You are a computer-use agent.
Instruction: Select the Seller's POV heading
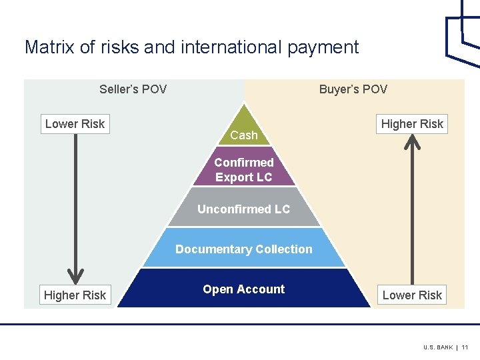point(133,89)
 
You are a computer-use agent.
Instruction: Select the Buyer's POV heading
point(353,89)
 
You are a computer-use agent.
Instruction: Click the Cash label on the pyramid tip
point(244,135)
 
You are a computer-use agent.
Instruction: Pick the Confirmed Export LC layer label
point(244,170)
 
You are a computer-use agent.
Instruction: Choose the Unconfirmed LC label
point(244,209)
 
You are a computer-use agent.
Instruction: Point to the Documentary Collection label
point(244,249)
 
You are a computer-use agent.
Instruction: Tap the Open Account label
point(244,289)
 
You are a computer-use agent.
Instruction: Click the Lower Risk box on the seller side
point(75,123)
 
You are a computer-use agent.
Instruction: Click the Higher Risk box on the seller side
point(75,295)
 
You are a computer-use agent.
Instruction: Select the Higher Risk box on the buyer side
point(412,123)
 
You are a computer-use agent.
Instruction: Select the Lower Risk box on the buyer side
point(412,295)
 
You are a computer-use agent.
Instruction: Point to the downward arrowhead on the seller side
point(75,275)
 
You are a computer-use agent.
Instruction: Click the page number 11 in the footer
point(465,347)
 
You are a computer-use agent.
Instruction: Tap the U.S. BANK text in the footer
point(437,347)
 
